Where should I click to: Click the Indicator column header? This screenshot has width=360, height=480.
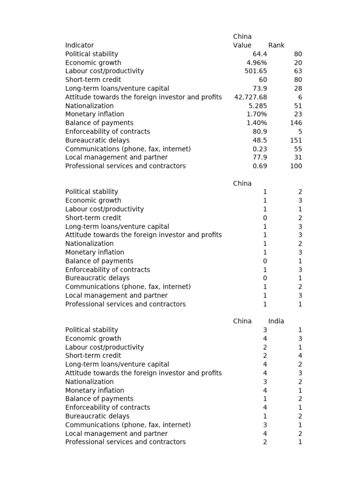click(79, 45)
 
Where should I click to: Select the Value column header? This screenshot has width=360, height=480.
click(242, 45)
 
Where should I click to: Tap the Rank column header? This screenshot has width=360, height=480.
click(276, 45)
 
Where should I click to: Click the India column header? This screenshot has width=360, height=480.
click(276, 321)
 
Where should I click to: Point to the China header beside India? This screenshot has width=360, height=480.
click(242, 321)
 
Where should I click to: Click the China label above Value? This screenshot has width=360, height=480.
click(242, 37)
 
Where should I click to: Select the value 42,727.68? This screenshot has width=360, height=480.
click(251, 97)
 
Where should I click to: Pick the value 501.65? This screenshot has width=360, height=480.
click(256, 71)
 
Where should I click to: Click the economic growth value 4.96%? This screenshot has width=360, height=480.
click(257, 63)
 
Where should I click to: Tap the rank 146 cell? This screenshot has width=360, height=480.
click(296, 123)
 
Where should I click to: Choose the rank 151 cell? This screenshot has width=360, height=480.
click(296, 140)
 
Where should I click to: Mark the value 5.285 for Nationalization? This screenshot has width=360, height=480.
click(258, 106)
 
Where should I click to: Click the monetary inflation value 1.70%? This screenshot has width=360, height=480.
click(257, 114)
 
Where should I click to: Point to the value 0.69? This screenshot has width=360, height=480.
click(260, 166)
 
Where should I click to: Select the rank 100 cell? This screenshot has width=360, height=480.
click(296, 166)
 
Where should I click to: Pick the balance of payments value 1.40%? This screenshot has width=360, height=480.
click(257, 123)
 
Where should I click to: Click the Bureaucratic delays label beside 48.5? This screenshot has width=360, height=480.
click(97, 140)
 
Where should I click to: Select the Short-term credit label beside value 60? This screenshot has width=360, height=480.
click(93, 80)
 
